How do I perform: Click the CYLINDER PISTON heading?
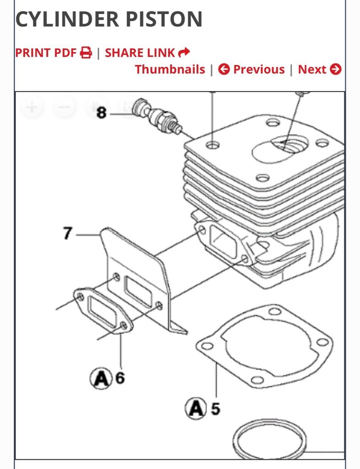tap(109, 19)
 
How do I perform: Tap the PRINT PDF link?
tap(46, 53)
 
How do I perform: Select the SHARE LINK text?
tap(140, 53)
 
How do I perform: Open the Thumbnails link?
tap(170, 70)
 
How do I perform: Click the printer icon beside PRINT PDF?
tap(86, 53)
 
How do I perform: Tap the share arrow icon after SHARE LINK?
tap(184, 53)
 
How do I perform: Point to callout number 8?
tap(101, 112)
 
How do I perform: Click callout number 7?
tap(67, 233)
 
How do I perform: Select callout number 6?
tap(120, 378)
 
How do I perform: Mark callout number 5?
tap(215, 408)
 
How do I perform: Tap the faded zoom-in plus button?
tap(32, 108)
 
